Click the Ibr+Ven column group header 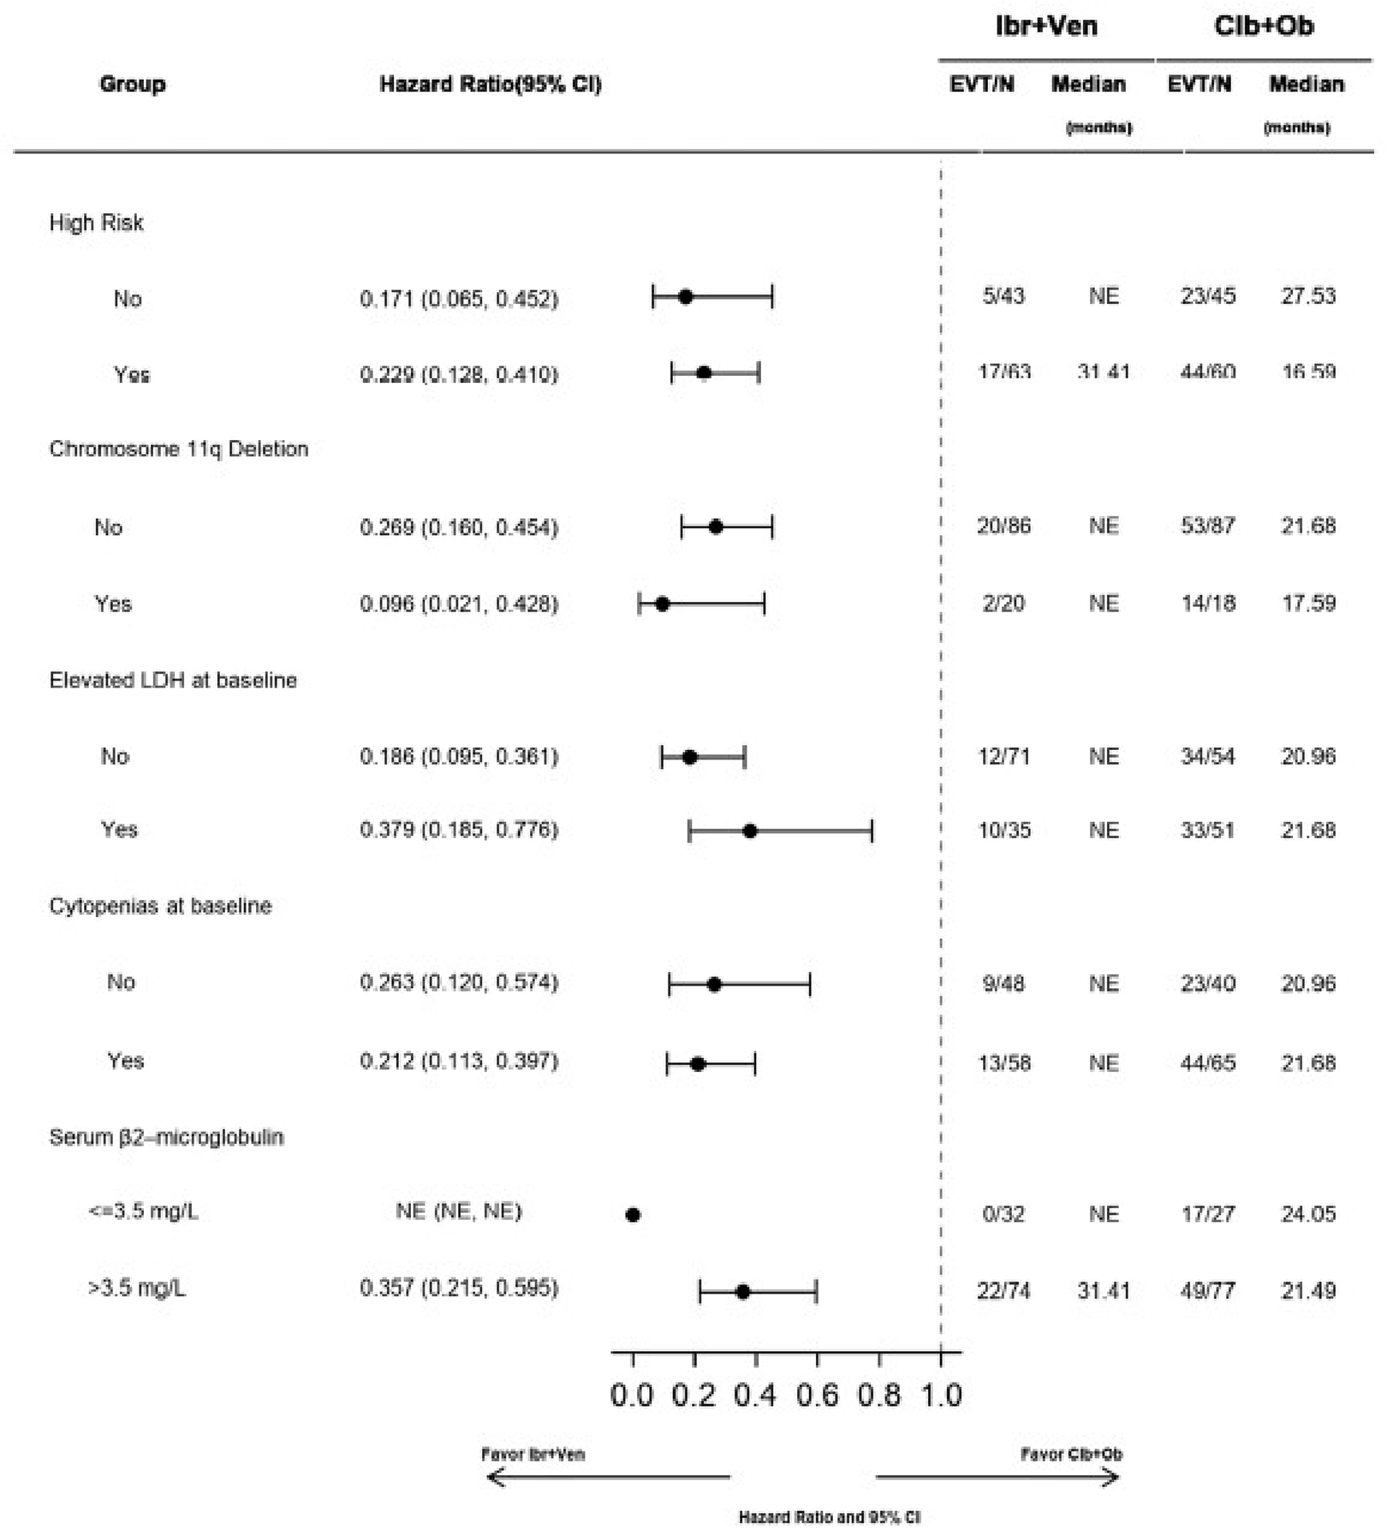(x=1045, y=27)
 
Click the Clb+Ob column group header (x=1264, y=27)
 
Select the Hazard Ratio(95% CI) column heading (x=490, y=84)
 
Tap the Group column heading (x=132, y=84)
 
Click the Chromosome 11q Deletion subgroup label (x=178, y=449)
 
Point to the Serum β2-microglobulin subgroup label (x=166, y=1137)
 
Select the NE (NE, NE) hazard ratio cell (x=458, y=1212)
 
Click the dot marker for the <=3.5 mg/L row (x=633, y=1214)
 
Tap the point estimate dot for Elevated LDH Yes (x=750, y=831)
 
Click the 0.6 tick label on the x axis (x=817, y=1396)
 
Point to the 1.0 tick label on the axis (x=941, y=1396)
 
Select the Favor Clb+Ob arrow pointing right (x=998, y=1477)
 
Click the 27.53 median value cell (x=1307, y=296)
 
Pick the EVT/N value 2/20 (x=1003, y=604)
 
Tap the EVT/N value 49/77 (x=1207, y=1290)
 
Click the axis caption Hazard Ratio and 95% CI (x=829, y=1517)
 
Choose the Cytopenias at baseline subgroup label (x=160, y=907)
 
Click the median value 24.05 (x=1307, y=1214)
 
